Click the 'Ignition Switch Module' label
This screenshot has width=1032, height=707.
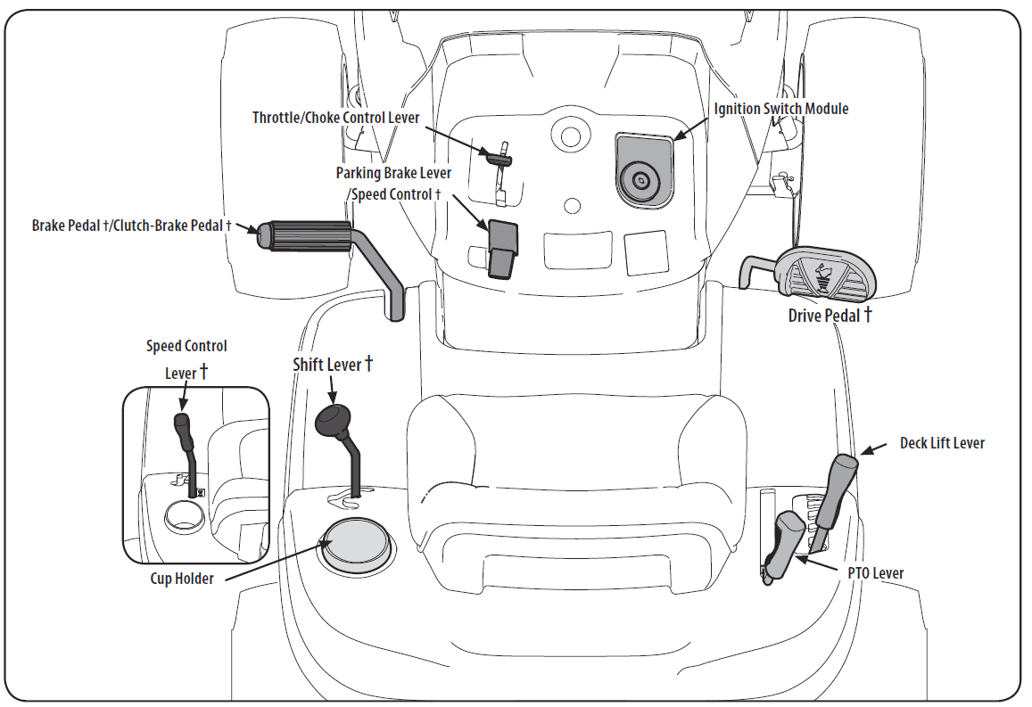click(780, 109)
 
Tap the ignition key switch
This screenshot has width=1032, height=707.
click(641, 179)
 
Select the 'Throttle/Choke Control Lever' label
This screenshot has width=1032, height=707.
click(335, 118)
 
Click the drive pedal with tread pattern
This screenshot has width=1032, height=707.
click(825, 272)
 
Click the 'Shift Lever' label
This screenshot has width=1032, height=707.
click(333, 365)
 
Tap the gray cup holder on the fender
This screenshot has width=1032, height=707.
click(357, 543)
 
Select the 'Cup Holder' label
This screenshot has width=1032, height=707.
click(182, 579)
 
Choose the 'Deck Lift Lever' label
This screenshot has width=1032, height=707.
click(941, 443)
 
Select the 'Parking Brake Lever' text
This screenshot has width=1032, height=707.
click(393, 173)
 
